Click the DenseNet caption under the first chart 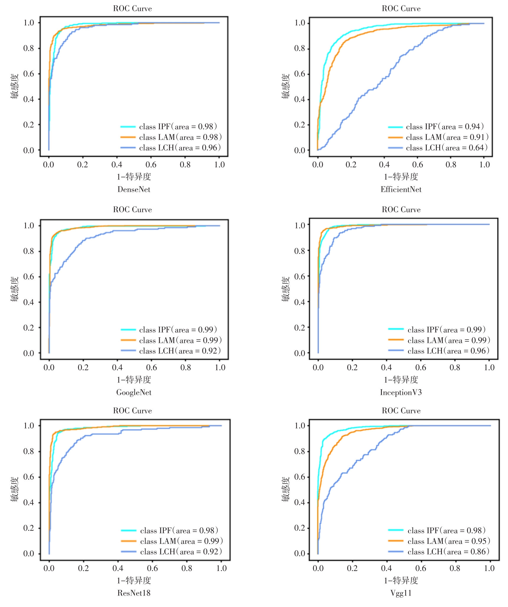click(x=134, y=189)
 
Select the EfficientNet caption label click(x=401, y=189)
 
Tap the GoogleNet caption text click(x=134, y=392)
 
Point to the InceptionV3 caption click(x=401, y=392)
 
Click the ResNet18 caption click(x=134, y=593)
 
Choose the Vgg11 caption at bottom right click(x=401, y=593)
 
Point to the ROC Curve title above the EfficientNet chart click(x=401, y=9)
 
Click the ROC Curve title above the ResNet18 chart click(x=132, y=411)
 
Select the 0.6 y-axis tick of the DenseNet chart click(x=29, y=74)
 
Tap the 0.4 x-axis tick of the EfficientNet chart click(x=384, y=165)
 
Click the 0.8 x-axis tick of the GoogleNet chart click(x=186, y=368)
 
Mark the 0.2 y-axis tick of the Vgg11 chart click(x=299, y=528)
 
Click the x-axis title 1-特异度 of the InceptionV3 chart click(x=401, y=380)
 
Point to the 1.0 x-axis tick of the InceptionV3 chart click(x=489, y=368)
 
